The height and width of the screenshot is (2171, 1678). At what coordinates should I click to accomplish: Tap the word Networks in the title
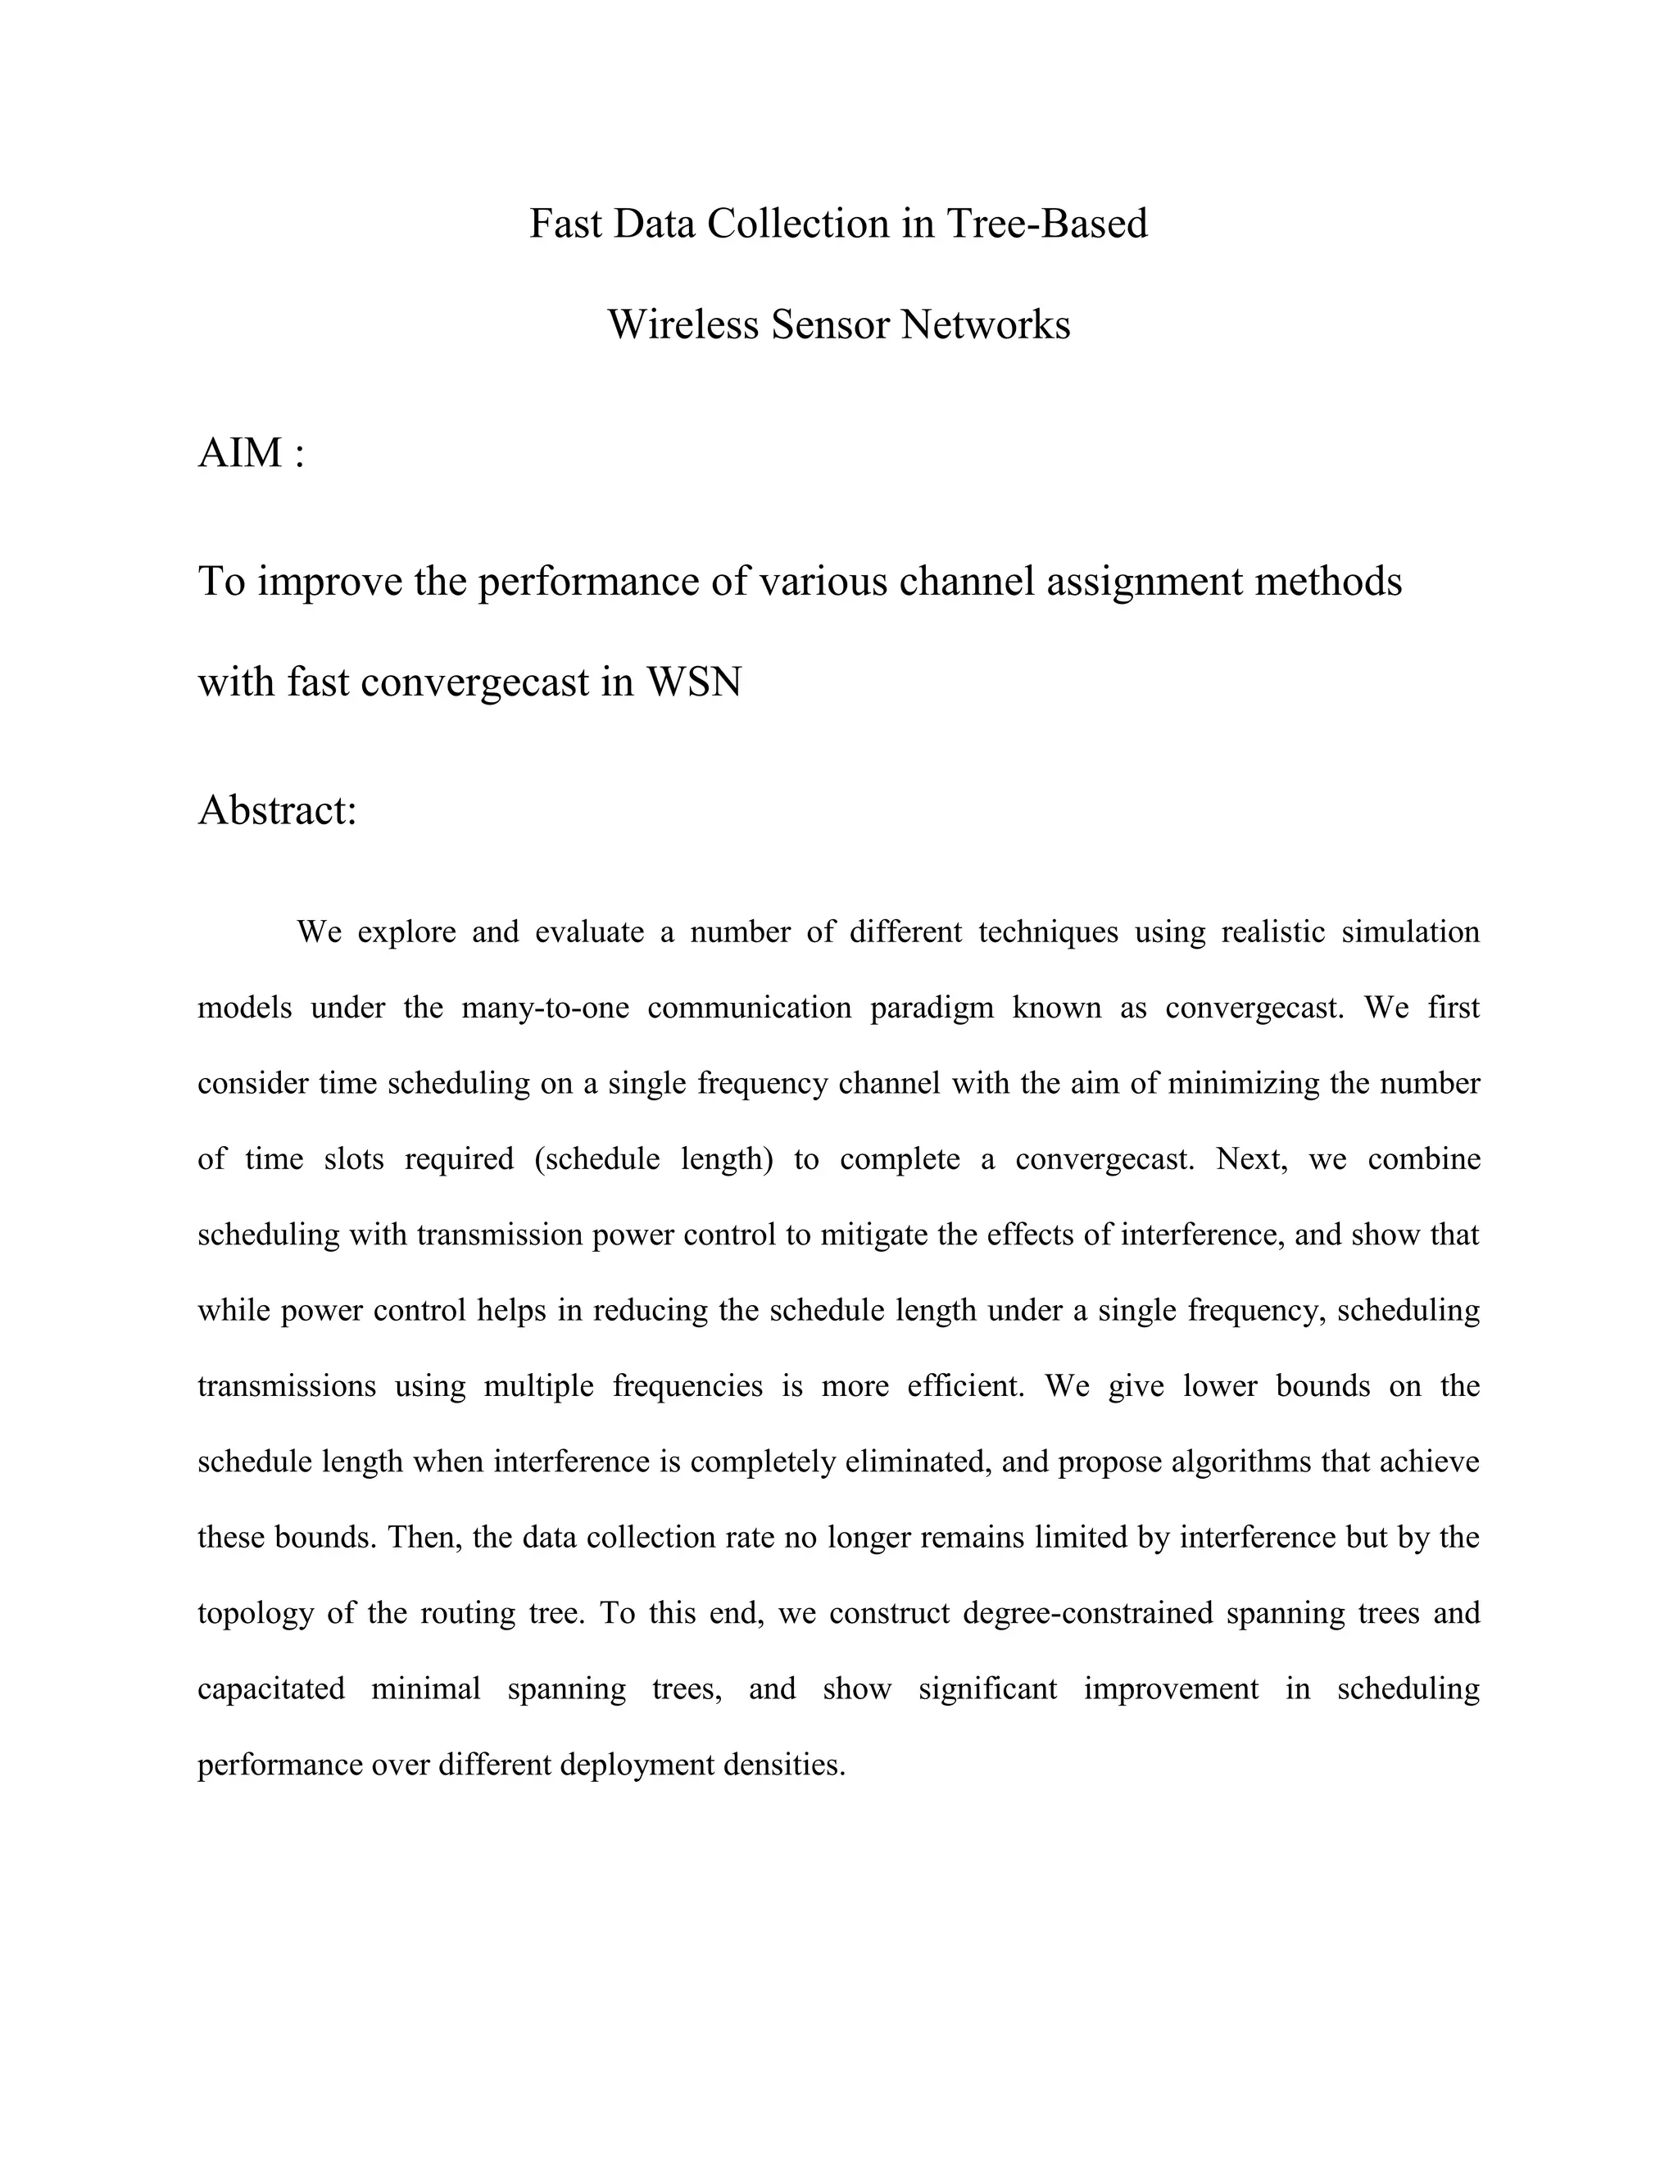pyautogui.click(x=985, y=325)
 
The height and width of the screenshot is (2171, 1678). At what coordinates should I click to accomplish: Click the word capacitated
pyautogui.click(x=270, y=1688)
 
